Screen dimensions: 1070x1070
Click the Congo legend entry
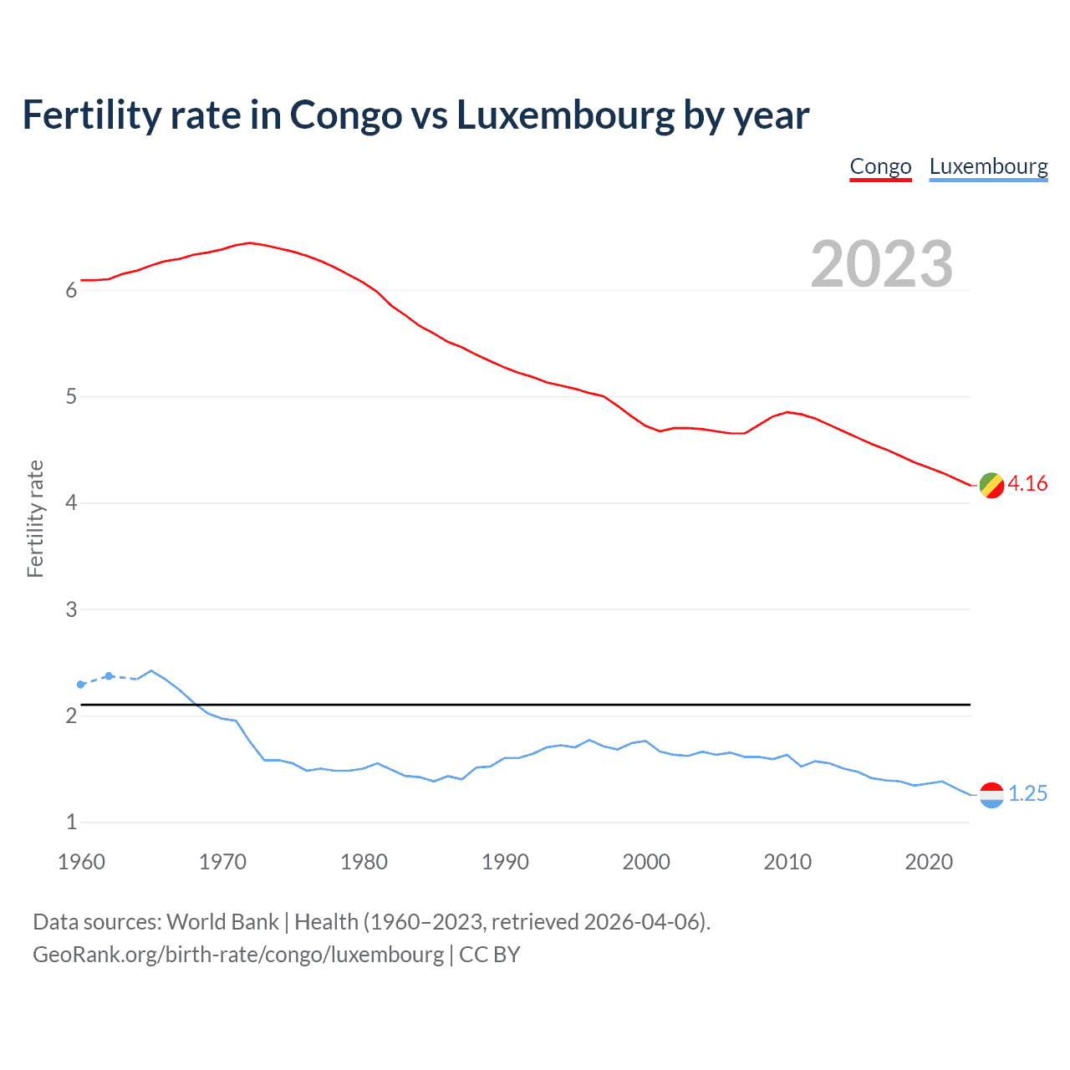[x=880, y=166]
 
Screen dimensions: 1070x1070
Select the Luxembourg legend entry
[x=988, y=166]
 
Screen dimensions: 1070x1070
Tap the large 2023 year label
[x=881, y=264]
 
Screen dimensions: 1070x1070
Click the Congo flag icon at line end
[x=991, y=485]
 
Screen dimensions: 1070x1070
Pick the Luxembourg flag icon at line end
[x=991, y=795]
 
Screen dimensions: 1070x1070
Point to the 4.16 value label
[x=1027, y=484]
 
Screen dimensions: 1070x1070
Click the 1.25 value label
[x=1027, y=794]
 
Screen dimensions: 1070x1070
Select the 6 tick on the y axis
[x=71, y=291]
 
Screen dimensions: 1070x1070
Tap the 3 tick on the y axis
[x=71, y=609]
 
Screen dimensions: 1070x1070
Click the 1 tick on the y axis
[x=71, y=823]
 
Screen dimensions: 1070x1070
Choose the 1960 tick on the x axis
[x=81, y=862]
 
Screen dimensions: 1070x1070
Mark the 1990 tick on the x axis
[x=505, y=862]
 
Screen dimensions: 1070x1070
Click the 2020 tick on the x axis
[x=929, y=862]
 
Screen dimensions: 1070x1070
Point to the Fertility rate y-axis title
[x=35, y=518]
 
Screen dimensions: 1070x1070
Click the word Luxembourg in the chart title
[x=565, y=115]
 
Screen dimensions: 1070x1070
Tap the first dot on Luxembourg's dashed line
[x=81, y=685]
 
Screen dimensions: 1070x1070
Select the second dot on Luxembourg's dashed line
[x=109, y=675]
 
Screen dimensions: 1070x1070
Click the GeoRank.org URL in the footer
[x=238, y=955]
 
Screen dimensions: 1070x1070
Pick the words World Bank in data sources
[x=222, y=922]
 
